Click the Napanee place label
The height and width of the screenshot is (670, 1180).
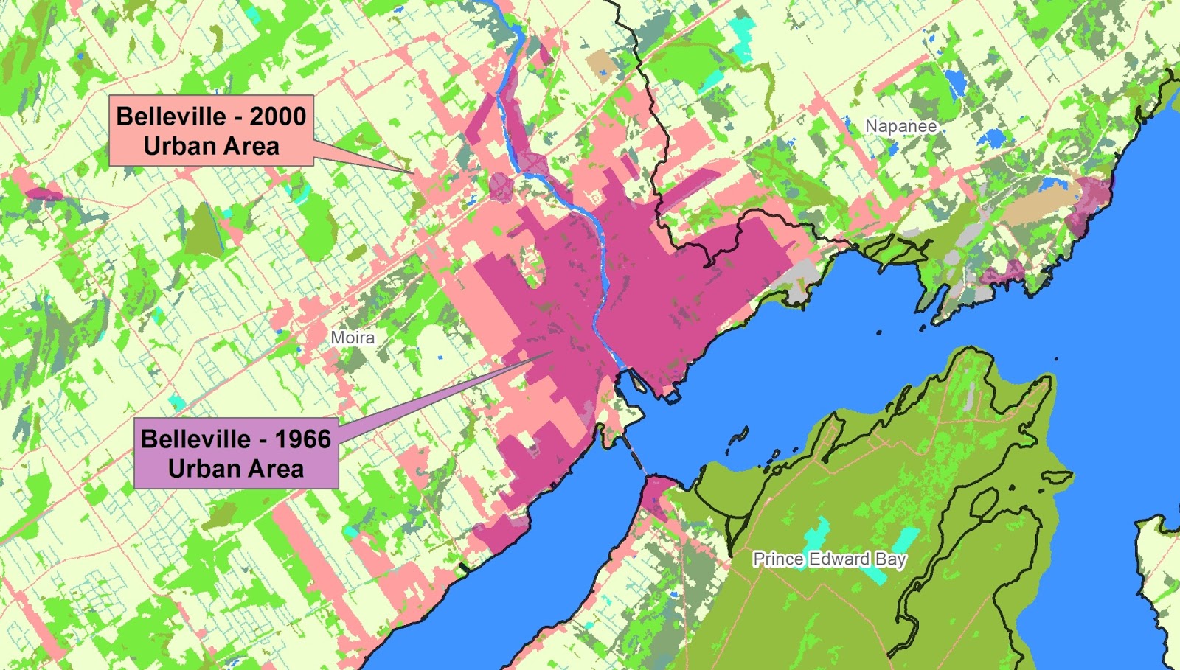tap(900, 126)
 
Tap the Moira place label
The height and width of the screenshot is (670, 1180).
tap(353, 338)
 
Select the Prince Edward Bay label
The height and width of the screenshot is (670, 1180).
tap(829, 559)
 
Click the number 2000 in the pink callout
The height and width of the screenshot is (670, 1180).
tap(277, 116)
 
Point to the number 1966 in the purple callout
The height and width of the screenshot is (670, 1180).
tap(302, 439)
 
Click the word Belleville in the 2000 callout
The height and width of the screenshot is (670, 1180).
tap(171, 116)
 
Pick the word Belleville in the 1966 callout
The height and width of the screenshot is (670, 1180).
tap(195, 439)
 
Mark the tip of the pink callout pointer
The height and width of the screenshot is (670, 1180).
tap(414, 173)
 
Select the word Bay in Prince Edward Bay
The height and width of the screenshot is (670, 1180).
tap(890, 559)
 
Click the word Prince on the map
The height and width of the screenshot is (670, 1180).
tap(778, 559)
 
